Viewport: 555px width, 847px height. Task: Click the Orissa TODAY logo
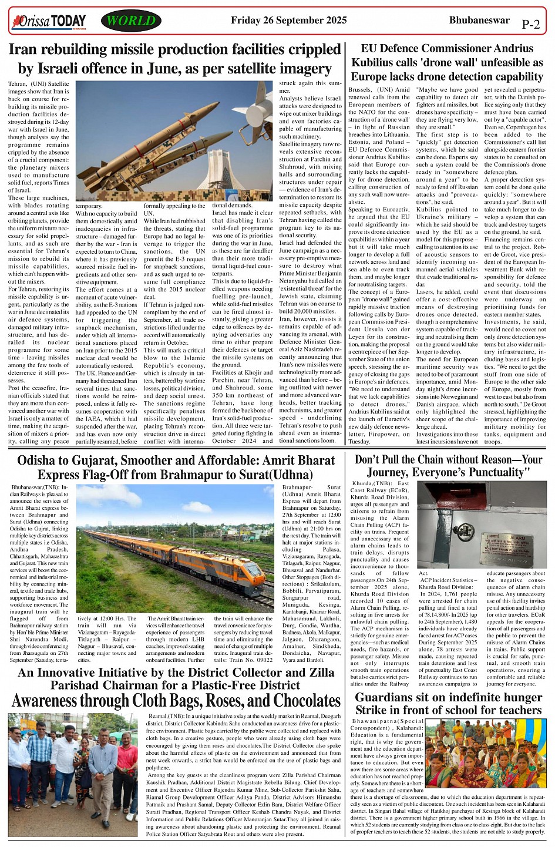click(x=49, y=22)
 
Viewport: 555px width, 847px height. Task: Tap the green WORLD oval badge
click(x=131, y=21)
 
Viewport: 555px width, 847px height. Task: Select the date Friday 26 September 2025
click(x=288, y=20)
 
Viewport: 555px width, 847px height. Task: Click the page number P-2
click(x=530, y=25)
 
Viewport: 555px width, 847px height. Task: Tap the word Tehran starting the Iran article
click(x=18, y=84)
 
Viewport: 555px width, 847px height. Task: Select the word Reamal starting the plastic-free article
click(x=159, y=716)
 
